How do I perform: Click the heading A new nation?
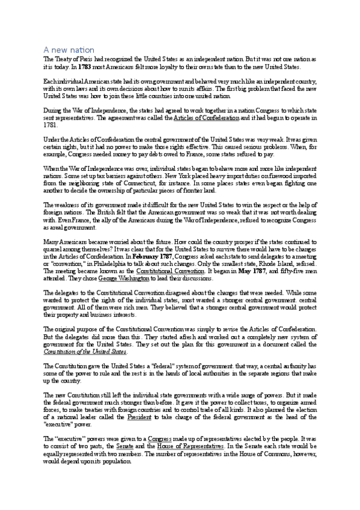69,49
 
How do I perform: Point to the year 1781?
51,126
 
